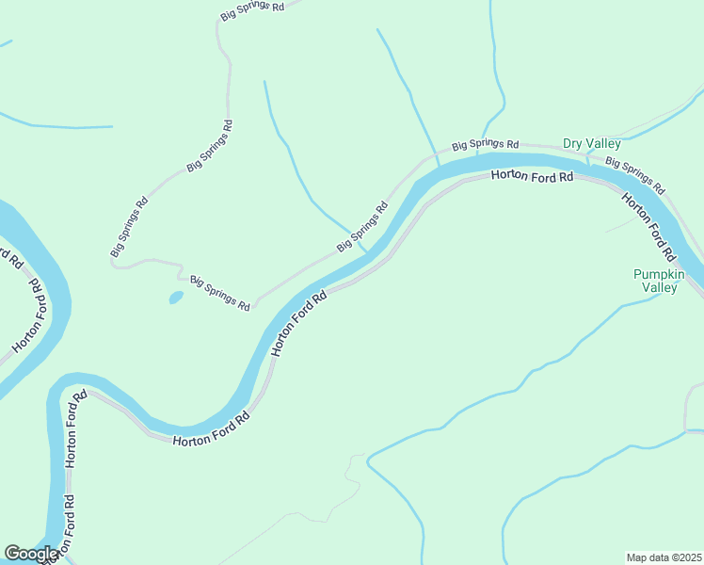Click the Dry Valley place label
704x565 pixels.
(591, 143)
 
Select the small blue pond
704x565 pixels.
(175, 298)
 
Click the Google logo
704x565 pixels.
(30, 555)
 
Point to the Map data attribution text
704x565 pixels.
(664, 557)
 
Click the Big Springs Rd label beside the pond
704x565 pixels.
(219, 293)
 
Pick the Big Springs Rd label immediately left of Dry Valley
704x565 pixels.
(485, 145)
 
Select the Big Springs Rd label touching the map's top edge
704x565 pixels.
(252, 10)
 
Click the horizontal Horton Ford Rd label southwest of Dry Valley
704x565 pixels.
(531, 177)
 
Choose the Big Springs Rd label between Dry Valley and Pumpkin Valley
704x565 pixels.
(634, 175)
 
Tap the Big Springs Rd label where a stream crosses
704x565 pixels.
(362, 228)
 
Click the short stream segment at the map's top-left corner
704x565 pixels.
(6, 43)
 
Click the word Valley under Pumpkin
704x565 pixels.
(659, 288)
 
